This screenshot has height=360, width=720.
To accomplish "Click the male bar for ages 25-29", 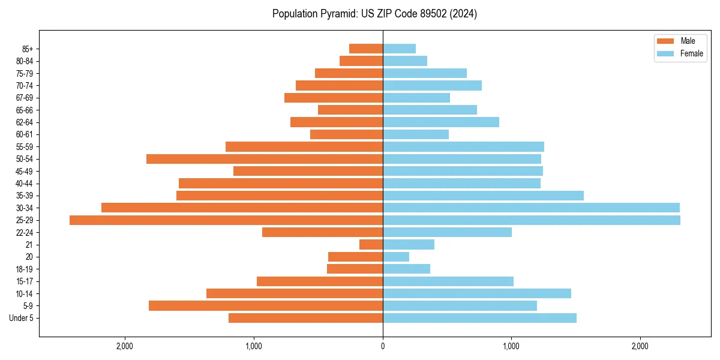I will point(226,220).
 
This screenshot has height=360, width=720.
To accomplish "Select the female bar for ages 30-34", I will point(531,208).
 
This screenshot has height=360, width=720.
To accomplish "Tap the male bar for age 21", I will point(371,245).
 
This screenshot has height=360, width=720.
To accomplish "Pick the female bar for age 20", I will point(396,257).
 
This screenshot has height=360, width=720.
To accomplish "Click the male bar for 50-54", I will point(265,159).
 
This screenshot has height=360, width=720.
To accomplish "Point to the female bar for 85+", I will point(399,49).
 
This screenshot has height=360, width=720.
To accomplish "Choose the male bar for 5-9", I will point(266,306).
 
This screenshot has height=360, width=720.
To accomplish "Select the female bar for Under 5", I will point(479,318).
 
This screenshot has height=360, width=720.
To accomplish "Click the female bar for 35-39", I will point(483,196).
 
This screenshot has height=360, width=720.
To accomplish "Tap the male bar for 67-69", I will point(334,98).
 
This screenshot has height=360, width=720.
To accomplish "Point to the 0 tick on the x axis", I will point(383,346).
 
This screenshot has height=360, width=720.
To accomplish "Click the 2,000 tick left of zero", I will point(125,346).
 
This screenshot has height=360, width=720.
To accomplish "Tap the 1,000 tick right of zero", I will point(511,346).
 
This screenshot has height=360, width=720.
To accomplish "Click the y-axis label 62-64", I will point(25,122).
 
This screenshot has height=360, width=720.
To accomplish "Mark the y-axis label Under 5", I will point(21,318).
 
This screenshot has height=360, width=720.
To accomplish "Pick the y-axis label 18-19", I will point(25,269).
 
